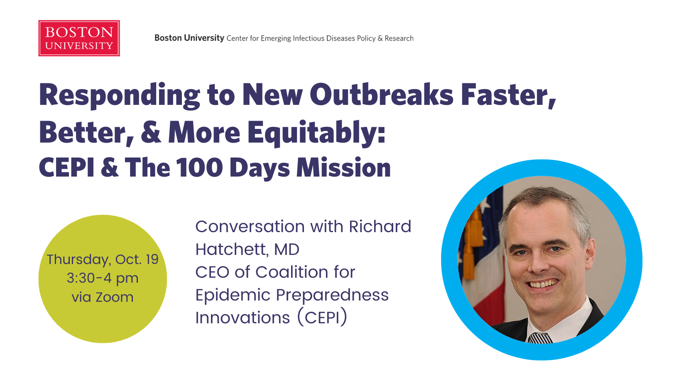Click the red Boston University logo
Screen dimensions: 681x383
pos(79,38)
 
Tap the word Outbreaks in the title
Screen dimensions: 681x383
pos(381,95)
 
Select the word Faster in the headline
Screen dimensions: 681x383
pos(508,95)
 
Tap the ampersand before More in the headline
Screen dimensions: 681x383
pos(151,132)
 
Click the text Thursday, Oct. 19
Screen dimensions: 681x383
pos(103,259)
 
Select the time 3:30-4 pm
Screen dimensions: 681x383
pos(103,279)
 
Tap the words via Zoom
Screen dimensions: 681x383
pos(103,297)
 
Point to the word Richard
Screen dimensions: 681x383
pos(380,226)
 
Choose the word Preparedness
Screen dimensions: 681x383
pos(332,295)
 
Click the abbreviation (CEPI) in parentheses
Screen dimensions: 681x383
pos(322,318)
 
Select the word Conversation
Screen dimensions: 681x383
pos(250,226)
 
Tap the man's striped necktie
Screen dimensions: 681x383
pos(540,338)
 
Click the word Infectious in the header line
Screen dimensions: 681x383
pos(308,38)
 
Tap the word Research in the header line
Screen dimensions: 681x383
pos(399,38)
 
